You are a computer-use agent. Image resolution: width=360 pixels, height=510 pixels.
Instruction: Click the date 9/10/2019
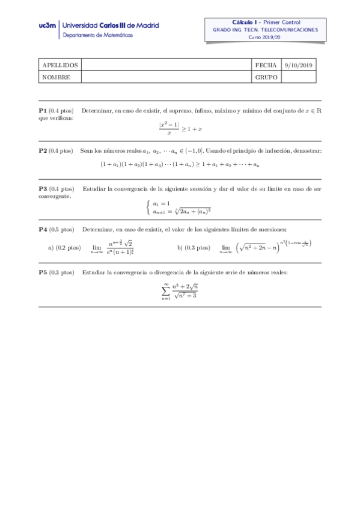point(298,65)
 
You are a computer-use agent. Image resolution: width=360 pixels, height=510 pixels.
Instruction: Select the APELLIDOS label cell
point(59,65)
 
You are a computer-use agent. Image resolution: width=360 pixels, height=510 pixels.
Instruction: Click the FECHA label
point(266,65)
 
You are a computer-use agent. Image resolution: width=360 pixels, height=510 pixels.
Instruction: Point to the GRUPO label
point(266,77)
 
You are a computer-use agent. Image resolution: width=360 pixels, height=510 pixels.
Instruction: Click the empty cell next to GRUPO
point(298,77)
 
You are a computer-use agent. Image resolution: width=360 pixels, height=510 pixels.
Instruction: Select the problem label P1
point(43,111)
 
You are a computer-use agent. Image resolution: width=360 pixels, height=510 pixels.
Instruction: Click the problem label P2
point(43,150)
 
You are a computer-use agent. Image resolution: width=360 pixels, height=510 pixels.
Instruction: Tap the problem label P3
point(43,189)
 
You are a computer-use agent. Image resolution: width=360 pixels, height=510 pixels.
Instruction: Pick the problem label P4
point(43,229)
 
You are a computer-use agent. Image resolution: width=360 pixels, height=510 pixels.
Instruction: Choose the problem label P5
point(43,272)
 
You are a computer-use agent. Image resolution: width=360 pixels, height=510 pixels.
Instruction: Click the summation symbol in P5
point(166,290)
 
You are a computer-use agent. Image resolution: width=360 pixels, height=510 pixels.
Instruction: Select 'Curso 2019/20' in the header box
point(264,37)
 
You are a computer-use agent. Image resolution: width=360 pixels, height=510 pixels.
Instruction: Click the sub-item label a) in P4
point(51,247)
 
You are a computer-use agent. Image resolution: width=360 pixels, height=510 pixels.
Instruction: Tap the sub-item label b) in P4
point(181,247)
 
